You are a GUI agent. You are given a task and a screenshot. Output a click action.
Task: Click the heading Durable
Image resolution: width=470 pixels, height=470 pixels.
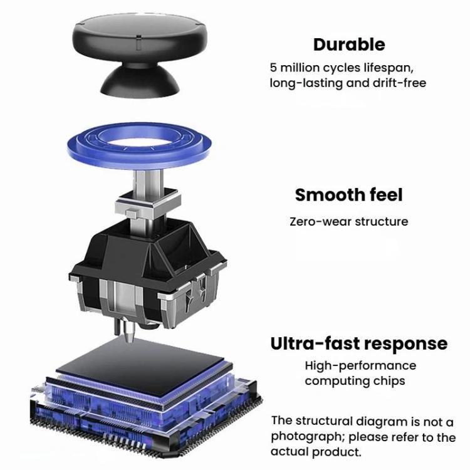click(349, 44)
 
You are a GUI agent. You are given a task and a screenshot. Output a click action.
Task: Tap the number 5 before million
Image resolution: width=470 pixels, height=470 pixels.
click(273, 68)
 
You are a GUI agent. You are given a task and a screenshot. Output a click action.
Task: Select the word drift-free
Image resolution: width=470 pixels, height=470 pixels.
click(399, 83)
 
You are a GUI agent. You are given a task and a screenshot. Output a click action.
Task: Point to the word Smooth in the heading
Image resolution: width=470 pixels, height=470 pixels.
click(330, 195)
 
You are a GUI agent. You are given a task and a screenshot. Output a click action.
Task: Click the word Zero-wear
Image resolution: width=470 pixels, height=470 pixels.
click(320, 222)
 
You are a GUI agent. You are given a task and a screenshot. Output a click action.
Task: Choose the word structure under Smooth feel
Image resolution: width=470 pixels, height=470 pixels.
click(382, 222)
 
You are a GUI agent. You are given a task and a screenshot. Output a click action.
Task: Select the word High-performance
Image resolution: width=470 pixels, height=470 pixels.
click(360, 366)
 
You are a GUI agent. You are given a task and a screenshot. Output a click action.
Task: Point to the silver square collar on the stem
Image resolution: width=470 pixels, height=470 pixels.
click(148, 203)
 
